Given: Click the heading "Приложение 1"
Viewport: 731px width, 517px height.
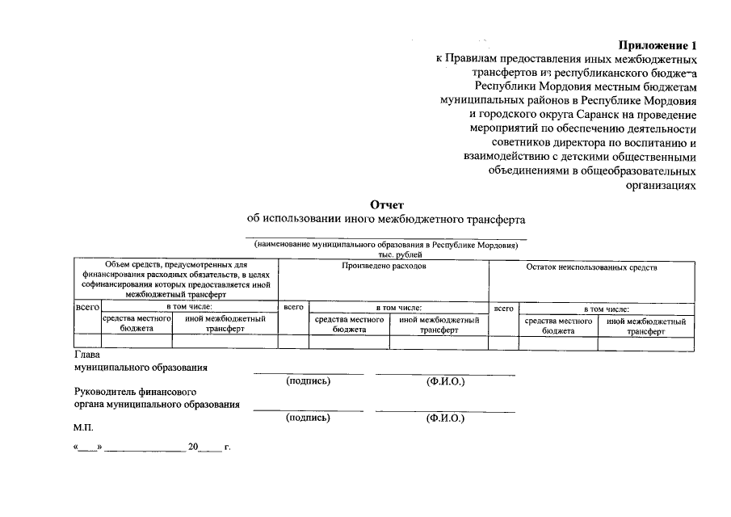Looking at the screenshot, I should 657,46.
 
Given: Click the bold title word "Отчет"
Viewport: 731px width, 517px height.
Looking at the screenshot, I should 386,204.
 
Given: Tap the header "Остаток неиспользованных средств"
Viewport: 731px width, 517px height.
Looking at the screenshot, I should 591,267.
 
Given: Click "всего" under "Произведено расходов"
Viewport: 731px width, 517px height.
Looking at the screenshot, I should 292,308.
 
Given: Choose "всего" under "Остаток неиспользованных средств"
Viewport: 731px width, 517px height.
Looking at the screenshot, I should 503,309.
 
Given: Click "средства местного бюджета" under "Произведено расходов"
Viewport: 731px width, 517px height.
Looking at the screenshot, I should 348,326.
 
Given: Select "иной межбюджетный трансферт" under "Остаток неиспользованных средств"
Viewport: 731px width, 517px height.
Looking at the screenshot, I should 646,326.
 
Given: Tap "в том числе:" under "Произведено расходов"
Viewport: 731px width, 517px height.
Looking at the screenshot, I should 398,308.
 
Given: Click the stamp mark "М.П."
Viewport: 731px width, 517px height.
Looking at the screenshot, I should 84,427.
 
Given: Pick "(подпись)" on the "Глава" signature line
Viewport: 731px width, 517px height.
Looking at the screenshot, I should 309,381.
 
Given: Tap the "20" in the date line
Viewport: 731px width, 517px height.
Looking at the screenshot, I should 193,447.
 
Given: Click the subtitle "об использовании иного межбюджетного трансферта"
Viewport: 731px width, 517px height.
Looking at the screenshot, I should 386,219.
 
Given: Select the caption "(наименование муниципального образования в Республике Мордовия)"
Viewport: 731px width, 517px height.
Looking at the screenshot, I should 386,244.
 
